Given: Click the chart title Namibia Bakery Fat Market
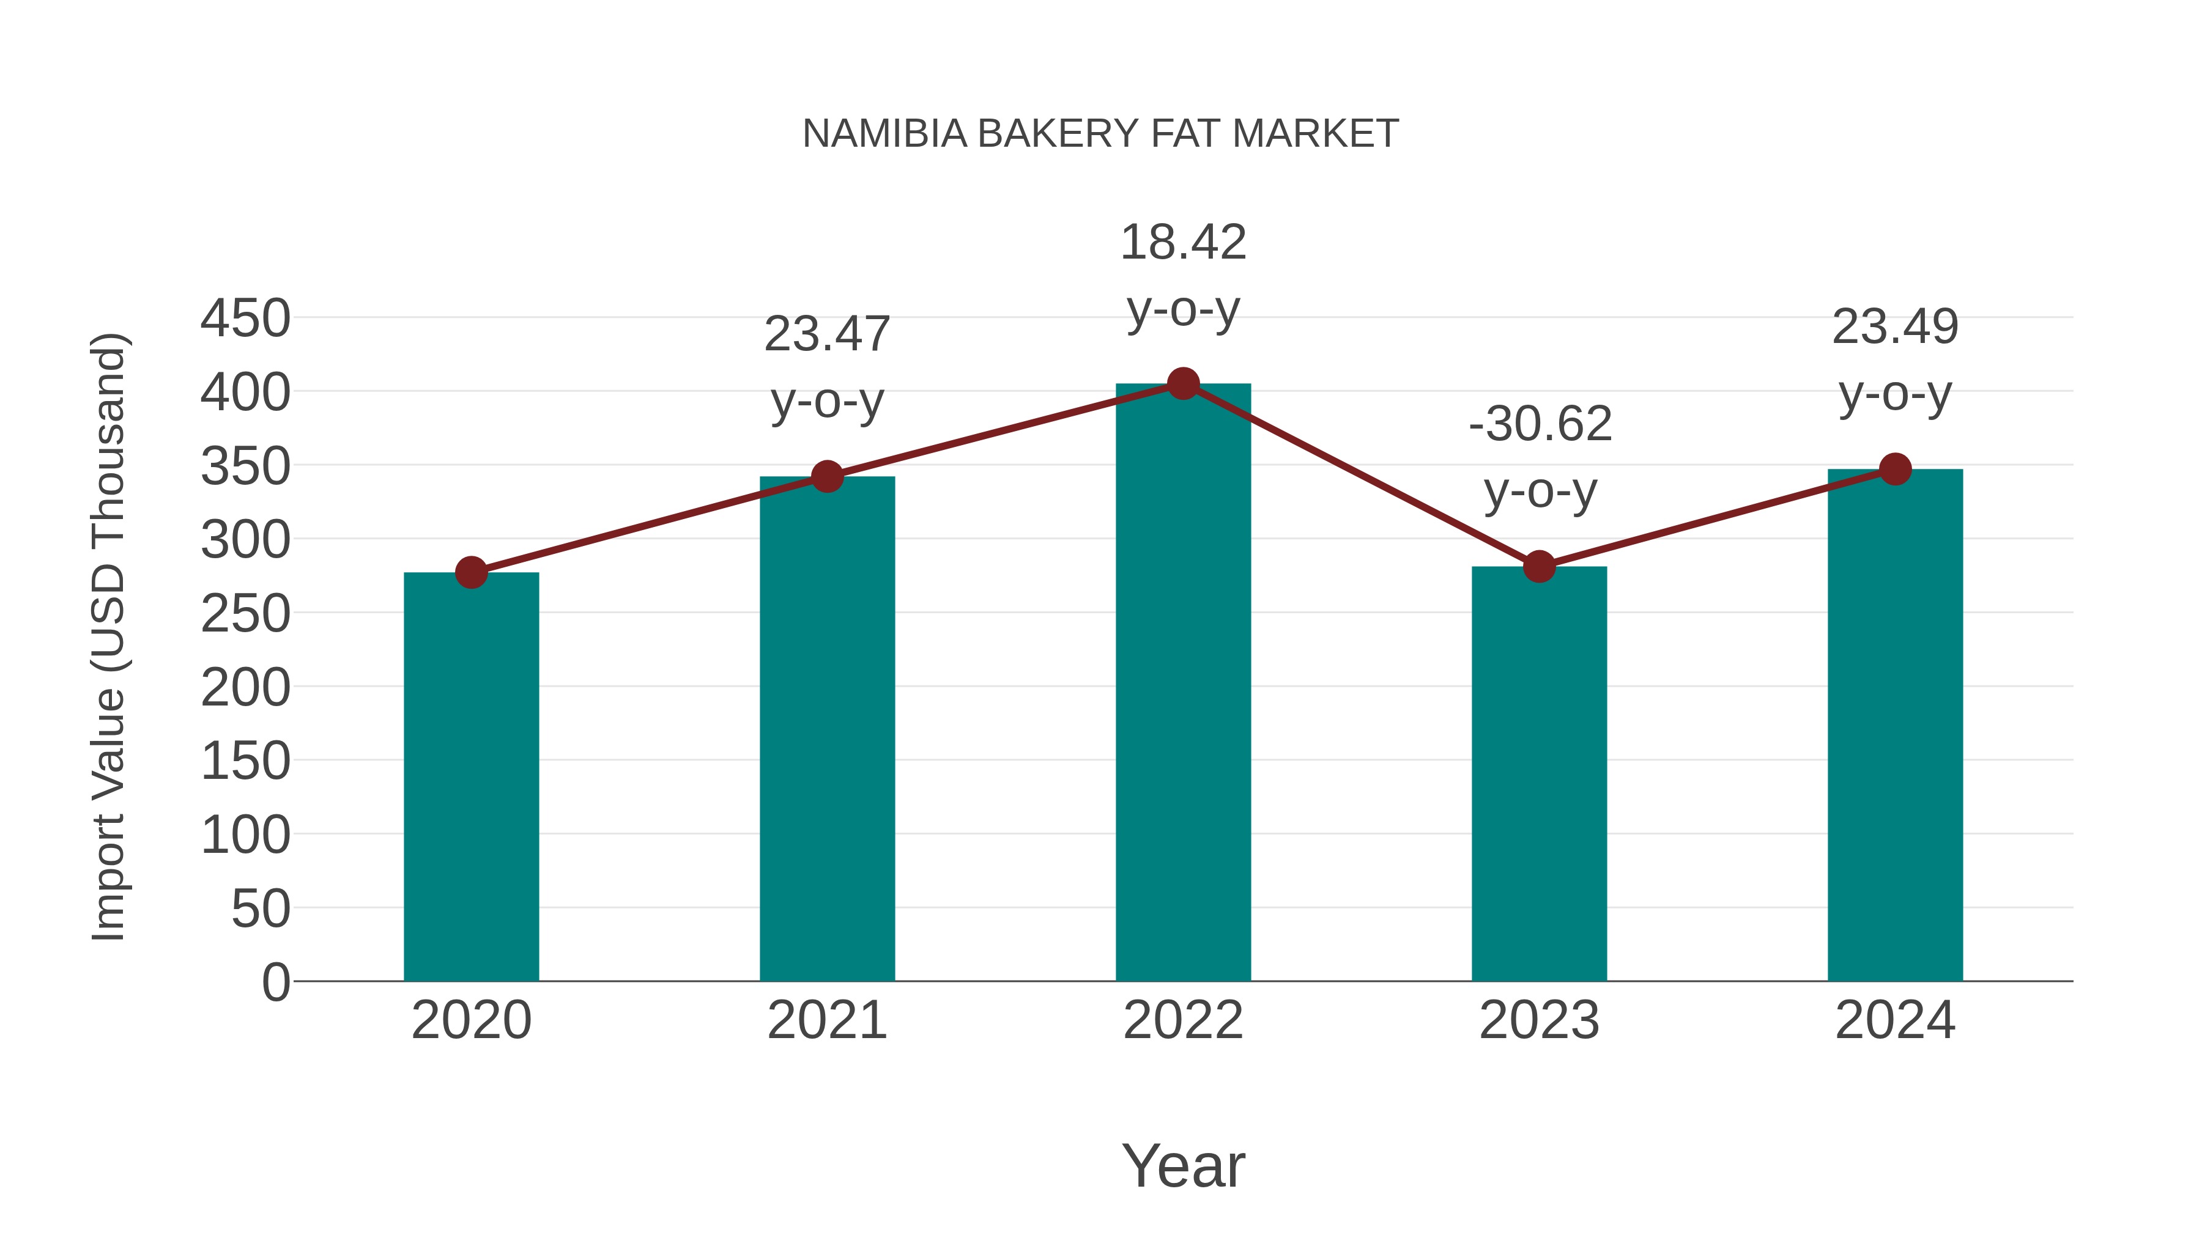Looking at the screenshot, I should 1100,134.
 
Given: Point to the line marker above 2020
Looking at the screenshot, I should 471,572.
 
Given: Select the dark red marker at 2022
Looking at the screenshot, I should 1182,383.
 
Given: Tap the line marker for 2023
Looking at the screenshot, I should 1539,567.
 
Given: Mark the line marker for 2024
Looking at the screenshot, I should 1894,469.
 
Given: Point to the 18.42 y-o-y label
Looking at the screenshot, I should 1183,275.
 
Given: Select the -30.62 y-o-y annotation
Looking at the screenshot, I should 1540,457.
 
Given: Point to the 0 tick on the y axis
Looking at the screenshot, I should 275,982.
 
